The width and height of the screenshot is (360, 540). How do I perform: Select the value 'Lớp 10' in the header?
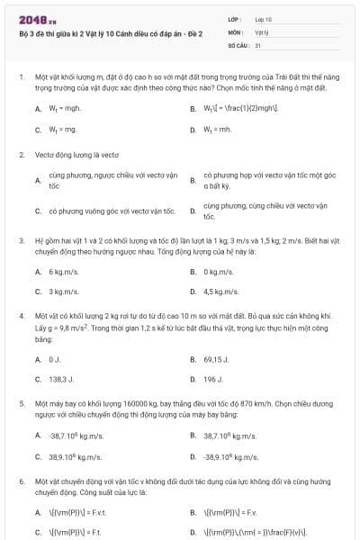coord(264,18)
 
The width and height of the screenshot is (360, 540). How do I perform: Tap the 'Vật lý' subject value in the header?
coord(262,31)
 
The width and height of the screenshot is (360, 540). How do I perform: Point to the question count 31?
coord(258,43)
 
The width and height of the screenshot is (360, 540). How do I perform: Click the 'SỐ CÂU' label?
coord(238,43)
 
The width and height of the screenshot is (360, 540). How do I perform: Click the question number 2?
coord(21,155)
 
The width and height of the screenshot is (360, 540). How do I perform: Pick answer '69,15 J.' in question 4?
coord(216,359)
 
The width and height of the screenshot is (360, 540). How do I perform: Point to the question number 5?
coord(21,405)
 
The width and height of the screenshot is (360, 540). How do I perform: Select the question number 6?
coord(21,481)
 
